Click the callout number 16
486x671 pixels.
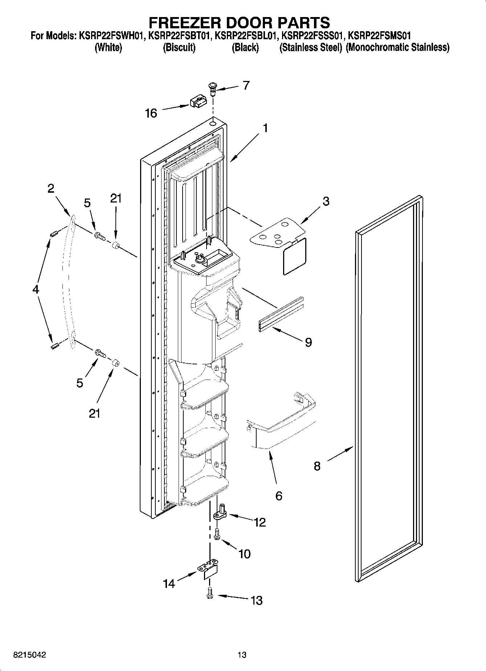tap(151, 113)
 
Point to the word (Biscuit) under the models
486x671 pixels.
tap(179, 48)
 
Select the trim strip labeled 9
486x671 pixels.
tap(281, 313)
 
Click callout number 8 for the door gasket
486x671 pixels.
tap(317, 466)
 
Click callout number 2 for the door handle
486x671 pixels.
tap(51, 188)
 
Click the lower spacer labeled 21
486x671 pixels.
tap(115, 363)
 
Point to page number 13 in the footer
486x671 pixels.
tap(242, 655)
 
